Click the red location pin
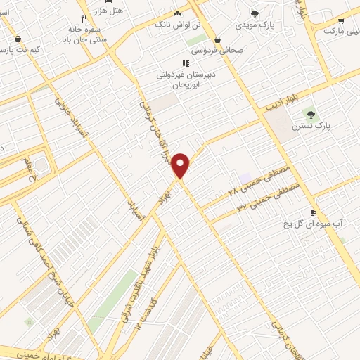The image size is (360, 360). tap(181, 165)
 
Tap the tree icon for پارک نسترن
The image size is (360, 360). tap(310, 115)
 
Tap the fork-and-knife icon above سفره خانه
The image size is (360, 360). tap(84, 18)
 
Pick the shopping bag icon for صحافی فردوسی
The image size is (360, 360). tap(217, 40)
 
